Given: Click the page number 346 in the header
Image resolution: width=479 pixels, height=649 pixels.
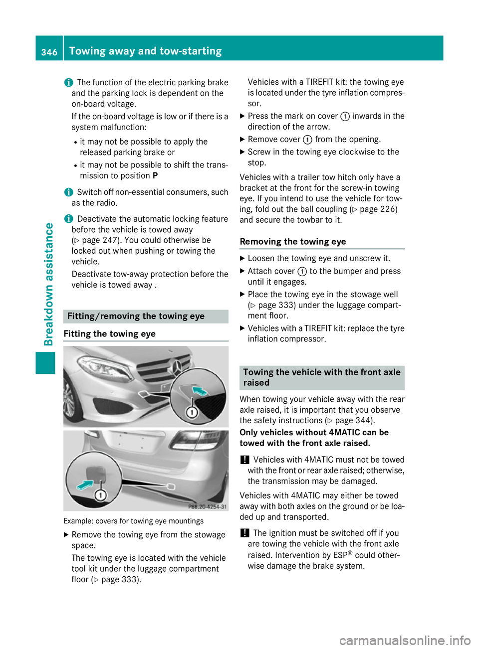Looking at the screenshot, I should click(49, 52).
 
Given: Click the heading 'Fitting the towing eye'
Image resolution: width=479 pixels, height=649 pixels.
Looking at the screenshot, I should click(110, 334).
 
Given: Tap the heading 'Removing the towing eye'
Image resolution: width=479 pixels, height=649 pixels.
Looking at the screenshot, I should click(293, 242).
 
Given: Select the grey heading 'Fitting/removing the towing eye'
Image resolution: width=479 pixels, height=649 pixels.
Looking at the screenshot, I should click(136, 317).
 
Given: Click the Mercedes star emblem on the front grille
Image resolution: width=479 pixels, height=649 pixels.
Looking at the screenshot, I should click(176, 367).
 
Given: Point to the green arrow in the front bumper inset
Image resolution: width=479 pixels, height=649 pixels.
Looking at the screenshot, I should click(201, 391).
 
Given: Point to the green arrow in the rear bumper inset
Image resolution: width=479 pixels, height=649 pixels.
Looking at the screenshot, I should click(85, 484).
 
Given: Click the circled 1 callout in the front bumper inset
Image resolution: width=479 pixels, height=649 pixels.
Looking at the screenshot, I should click(192, 412).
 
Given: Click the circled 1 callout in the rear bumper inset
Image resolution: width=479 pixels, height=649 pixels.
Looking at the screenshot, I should click(101, 495).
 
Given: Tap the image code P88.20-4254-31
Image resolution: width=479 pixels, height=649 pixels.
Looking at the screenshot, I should click(207, 506).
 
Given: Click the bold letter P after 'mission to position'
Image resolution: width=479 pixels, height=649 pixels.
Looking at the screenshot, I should click(155, 176).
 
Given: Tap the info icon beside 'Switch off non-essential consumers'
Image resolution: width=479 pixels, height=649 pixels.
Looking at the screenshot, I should click(68, 192).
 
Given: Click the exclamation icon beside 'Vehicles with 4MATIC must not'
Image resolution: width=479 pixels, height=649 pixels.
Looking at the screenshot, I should click(244, 460).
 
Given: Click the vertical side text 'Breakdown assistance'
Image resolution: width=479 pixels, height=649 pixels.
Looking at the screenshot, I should click(48, 284).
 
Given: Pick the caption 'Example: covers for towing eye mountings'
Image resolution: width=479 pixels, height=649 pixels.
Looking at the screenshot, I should click(134, 521).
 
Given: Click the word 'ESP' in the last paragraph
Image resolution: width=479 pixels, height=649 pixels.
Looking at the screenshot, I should click(340, 555).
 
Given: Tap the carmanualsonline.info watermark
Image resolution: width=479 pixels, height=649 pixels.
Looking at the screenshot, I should click(405, 640).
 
